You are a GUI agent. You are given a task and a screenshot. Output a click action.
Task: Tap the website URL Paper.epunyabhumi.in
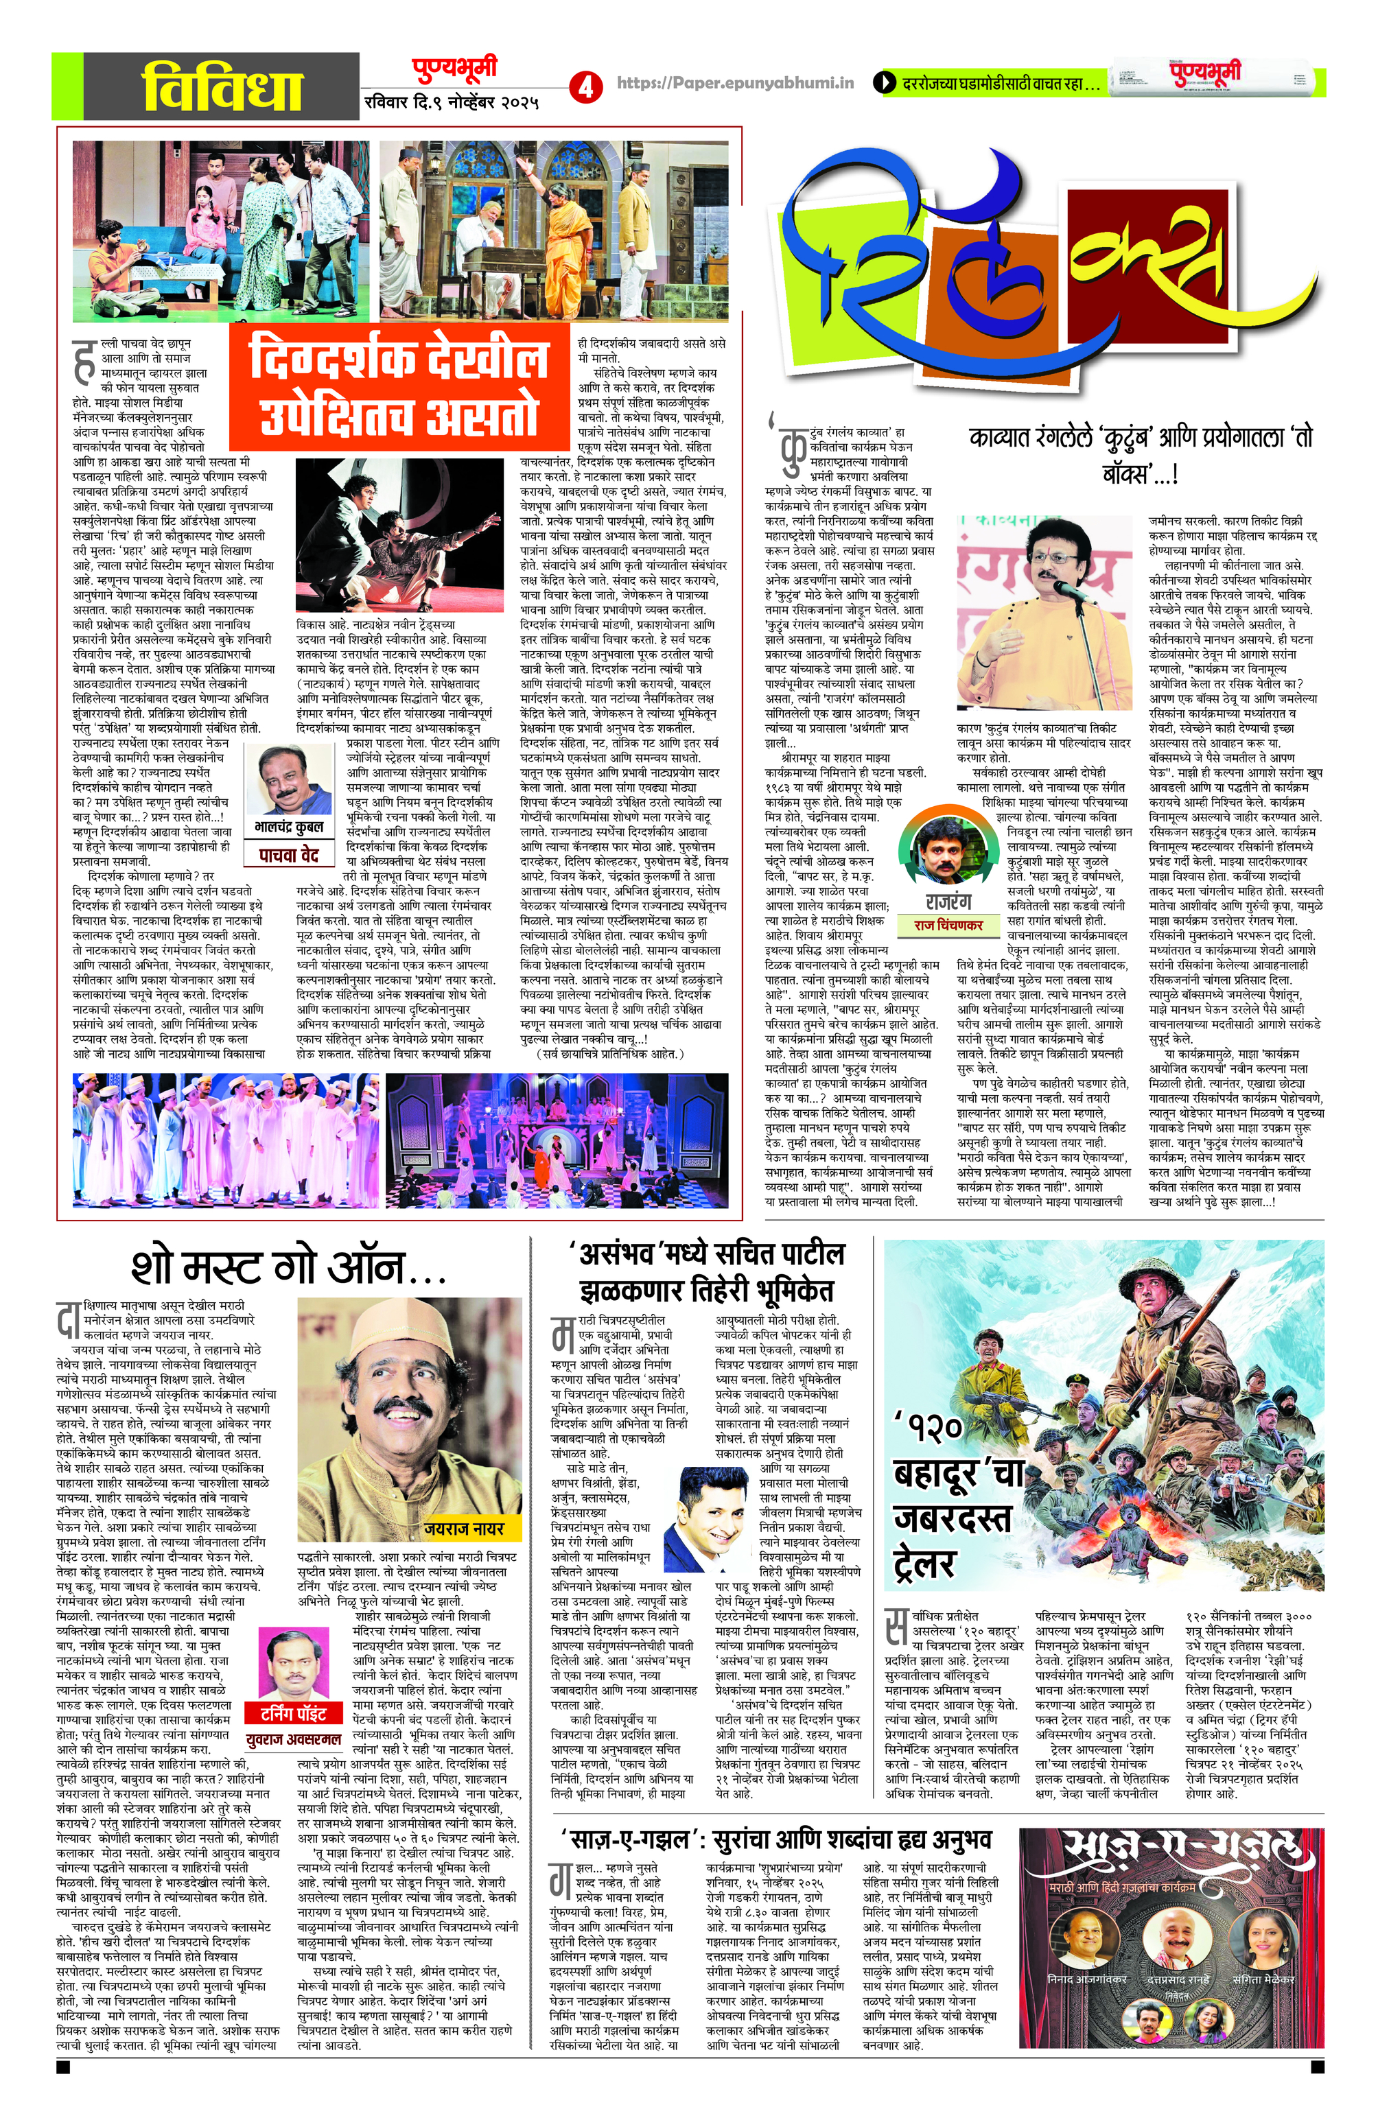point(735,83)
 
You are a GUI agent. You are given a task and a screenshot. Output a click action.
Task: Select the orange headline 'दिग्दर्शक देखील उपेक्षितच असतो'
point(399,388)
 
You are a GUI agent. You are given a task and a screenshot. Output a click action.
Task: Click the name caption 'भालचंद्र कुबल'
point(290,826)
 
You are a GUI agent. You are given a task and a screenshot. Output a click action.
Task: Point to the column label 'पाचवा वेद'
point(289,854)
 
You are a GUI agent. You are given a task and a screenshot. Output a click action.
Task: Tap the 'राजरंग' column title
point(948,902)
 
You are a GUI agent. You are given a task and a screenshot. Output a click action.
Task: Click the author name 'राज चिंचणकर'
point(948,924)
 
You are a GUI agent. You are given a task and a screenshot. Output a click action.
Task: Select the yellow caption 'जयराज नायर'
point(463,1528)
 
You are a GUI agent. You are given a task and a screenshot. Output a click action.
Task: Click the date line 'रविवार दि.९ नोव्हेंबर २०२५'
point(452,102)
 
